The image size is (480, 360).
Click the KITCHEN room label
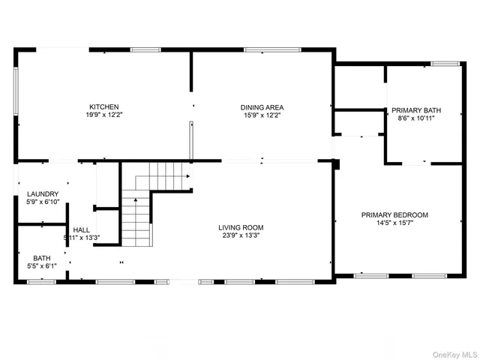[x=104, y=107]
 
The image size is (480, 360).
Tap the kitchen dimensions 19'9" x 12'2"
[x=104, y=115]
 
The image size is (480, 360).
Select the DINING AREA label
[x=262, y=107]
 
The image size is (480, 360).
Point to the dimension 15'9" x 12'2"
[x=262, y=115]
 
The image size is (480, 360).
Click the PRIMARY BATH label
[x=416, y=110]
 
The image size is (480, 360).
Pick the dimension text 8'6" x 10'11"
[x=416, y=118]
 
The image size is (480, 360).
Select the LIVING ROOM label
[x=241, y=227]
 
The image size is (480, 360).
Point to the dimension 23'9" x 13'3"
[x=241, y=235]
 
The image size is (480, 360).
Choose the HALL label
[x=81, y=229]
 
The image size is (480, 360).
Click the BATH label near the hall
[x=41, y=257]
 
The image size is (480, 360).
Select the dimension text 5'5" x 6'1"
[x=41, y=265]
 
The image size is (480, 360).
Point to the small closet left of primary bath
[x=359, y=123]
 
